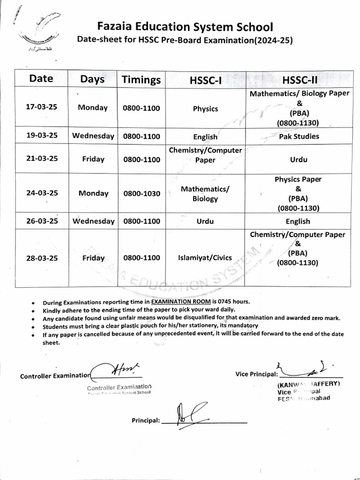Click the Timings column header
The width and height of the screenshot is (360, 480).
(141, 79)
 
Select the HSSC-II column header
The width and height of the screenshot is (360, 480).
(300, 80)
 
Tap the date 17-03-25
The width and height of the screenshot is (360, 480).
(41, 107)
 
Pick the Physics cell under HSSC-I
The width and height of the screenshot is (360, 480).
(205, 109)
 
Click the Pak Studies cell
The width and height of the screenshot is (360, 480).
(299, 136)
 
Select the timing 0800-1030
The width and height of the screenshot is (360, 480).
(141, 193)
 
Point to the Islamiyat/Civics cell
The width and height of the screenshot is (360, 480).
(205, 257)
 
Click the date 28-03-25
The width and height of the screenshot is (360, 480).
(41, 257)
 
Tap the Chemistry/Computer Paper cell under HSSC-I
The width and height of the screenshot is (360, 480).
(205, 155)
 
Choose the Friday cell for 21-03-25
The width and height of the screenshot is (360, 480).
(93, 159)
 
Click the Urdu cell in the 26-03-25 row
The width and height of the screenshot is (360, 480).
(205, 221)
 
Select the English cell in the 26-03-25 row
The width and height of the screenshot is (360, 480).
(298, 221)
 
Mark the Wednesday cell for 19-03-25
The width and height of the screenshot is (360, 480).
(93, 136)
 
